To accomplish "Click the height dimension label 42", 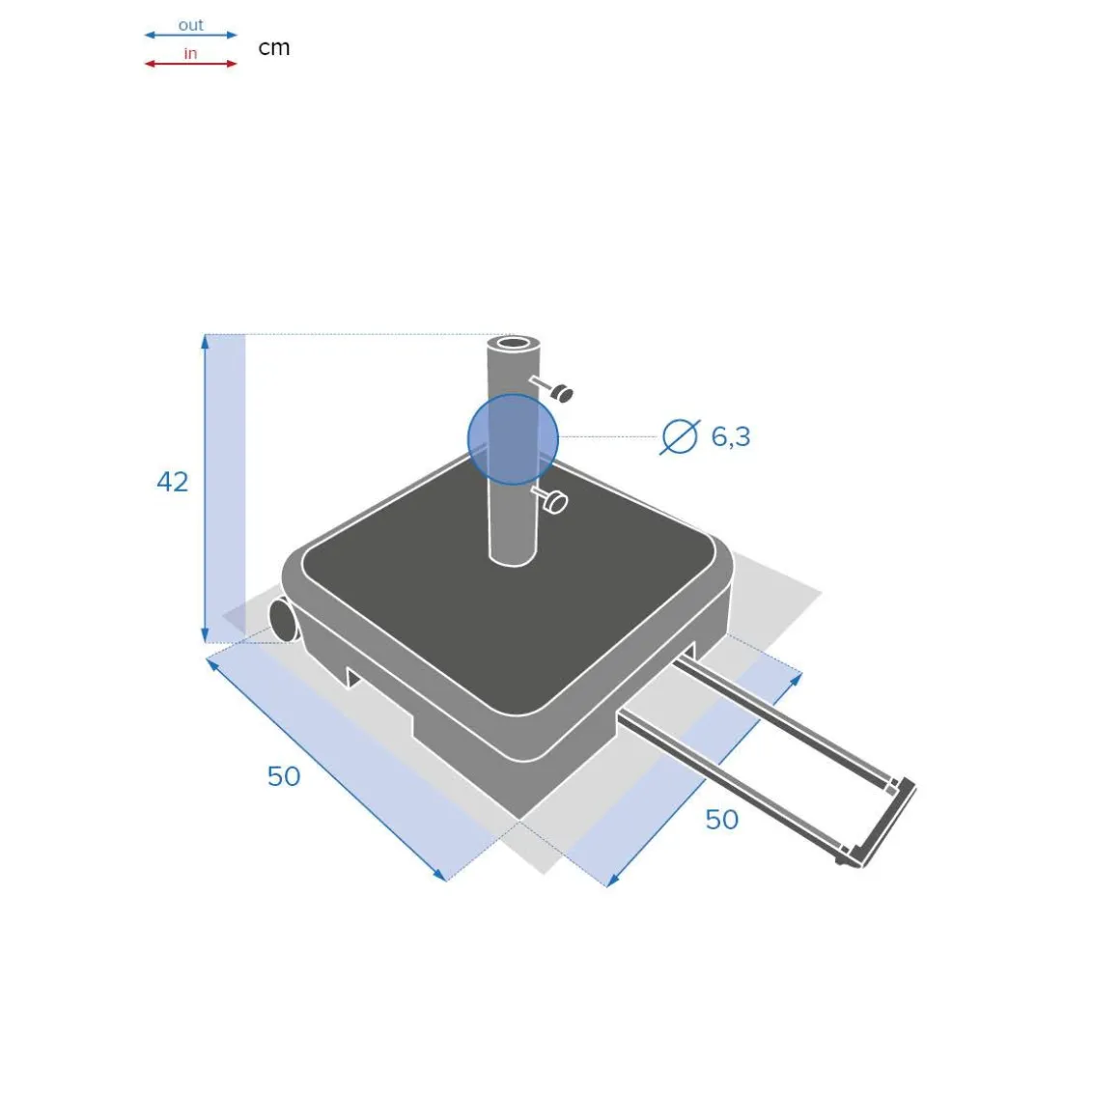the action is click(x=172, y=482).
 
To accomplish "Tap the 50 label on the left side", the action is click(x=284, y=776).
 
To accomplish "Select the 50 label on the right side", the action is click(x=721, y=820).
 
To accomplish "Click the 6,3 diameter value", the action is click(x=731, y=436).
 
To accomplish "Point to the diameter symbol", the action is click(x=680, y=436).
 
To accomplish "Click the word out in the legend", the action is click(x=191, y=25).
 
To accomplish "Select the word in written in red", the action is click(x=190, y=53).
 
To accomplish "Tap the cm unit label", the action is click(x=273, y=48).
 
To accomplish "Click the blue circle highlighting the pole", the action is click(x=513, y=439).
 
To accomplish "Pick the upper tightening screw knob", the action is click(x=561, y=393).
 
